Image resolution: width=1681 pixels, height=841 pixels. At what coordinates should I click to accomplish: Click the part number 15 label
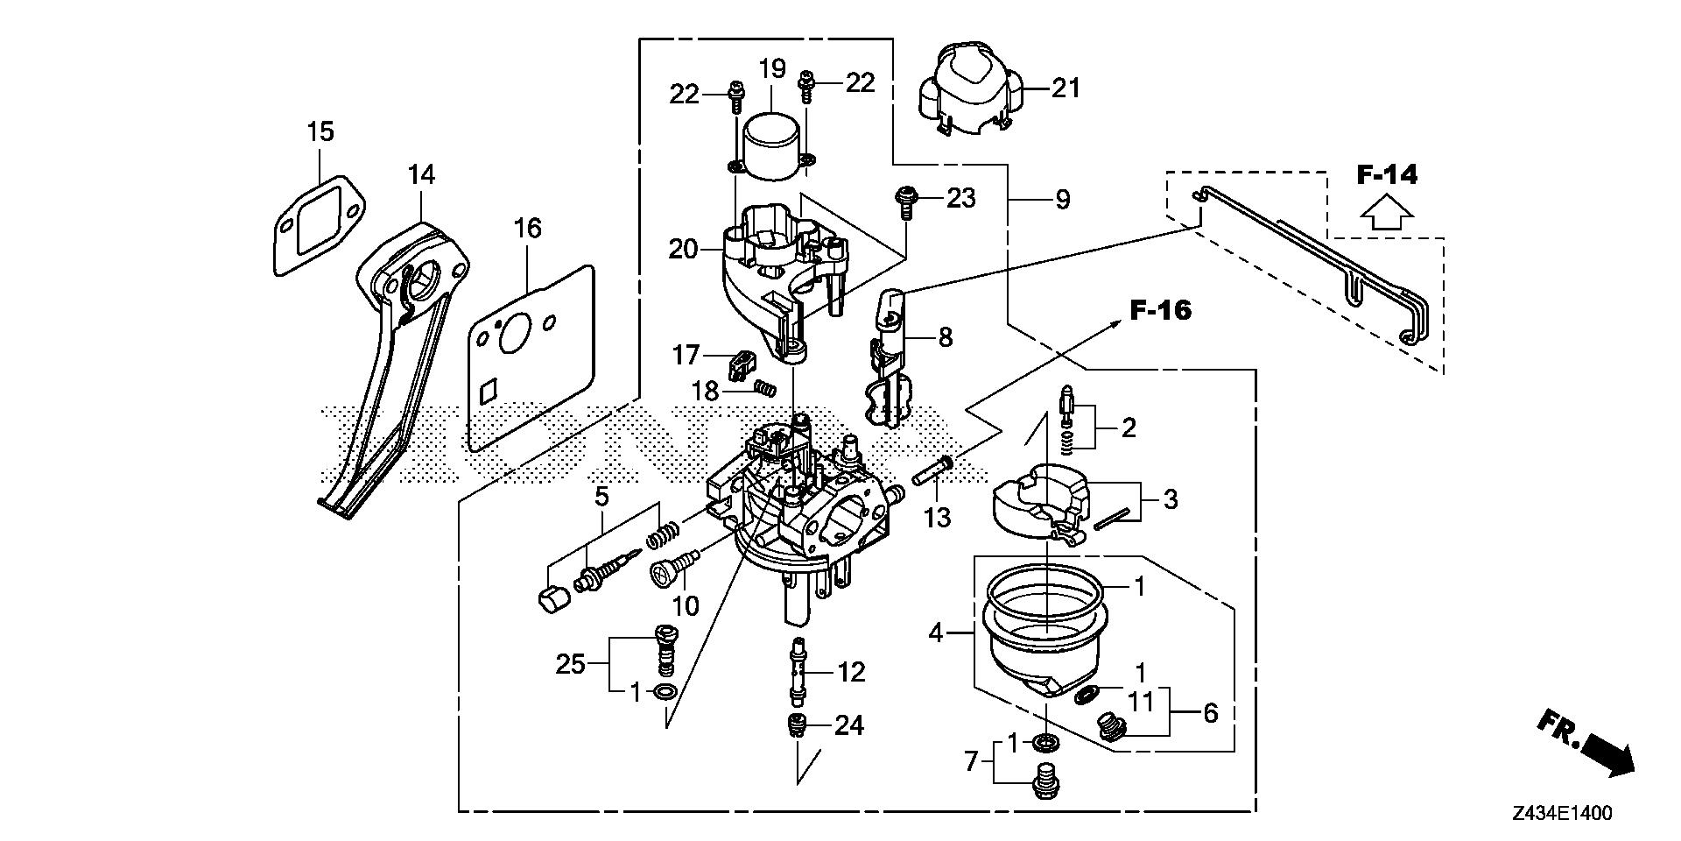coord(320,132)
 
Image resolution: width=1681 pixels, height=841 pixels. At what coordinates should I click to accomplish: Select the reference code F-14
coord(1387,174)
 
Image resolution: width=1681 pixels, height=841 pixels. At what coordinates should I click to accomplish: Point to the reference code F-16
coord(1160,309)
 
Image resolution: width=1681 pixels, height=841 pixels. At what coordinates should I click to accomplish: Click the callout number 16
coord(527,229)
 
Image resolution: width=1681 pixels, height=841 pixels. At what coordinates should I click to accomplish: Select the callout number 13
coord(937,518)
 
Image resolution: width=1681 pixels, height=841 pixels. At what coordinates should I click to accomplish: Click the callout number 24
coord(849,725)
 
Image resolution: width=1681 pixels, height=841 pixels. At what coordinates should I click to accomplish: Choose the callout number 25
coord(570,664)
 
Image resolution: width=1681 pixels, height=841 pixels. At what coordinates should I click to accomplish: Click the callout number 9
coord(1062,201)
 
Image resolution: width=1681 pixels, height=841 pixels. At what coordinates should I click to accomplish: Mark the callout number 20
coord(683,250)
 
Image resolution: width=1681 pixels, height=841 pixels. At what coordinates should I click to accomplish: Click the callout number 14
coord(420,174)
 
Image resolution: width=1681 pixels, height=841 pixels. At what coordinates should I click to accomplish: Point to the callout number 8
coord(945,337)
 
